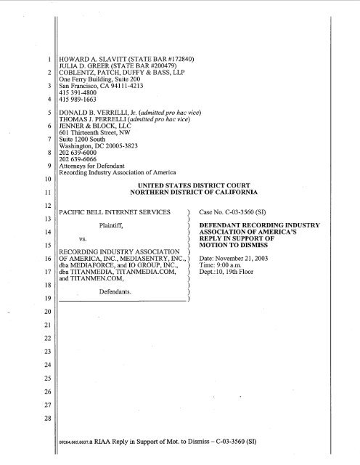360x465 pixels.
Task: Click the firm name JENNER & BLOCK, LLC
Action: [x=83, y=132]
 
